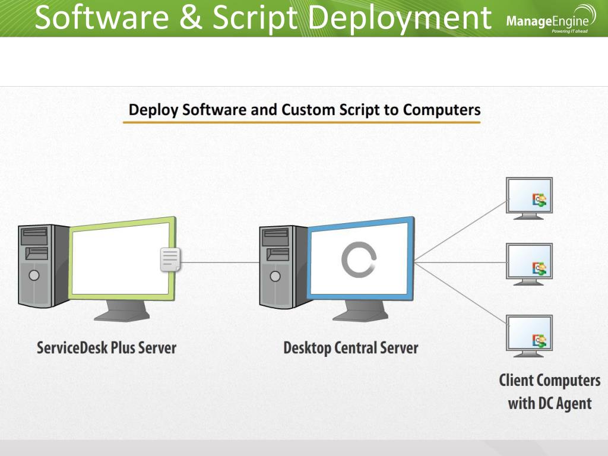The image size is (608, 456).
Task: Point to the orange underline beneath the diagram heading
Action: click(x=302, y=122)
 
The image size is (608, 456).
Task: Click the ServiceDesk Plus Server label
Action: click(x=107, y=347)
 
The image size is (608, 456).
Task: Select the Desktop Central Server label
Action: click(x=350, y=347)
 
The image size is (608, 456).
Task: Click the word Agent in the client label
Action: click(x=569, y=404)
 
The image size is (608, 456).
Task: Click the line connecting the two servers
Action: click(x=220, y=262)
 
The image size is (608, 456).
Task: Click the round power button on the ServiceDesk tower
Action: click(x=34, y=275)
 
